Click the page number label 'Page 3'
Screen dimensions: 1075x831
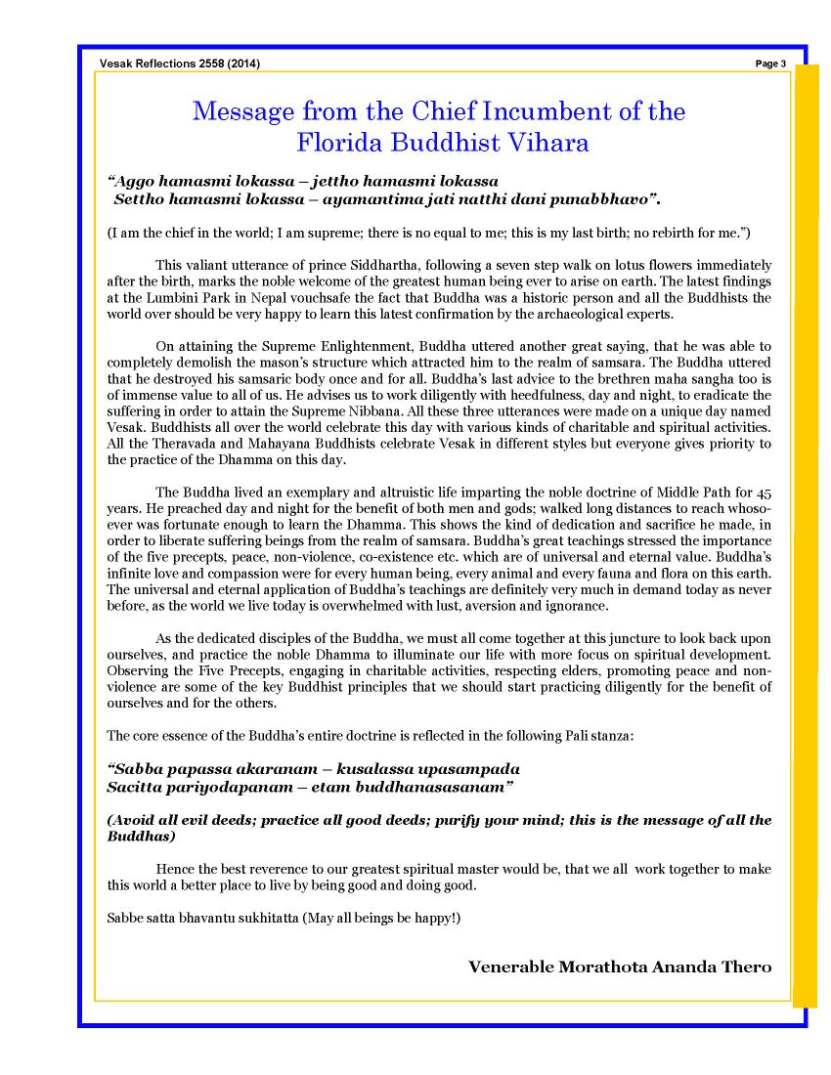tap(770, 64)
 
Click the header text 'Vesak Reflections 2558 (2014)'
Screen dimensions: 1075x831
tap(180, 64)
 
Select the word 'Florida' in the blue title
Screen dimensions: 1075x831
tap(338, 143)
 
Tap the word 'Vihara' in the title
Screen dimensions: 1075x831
tap(548, 143)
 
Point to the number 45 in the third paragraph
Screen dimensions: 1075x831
tap(764, 493)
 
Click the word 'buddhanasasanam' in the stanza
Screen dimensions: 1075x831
tap(446, 787)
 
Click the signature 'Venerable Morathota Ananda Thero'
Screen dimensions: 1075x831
tap(620, 967)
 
